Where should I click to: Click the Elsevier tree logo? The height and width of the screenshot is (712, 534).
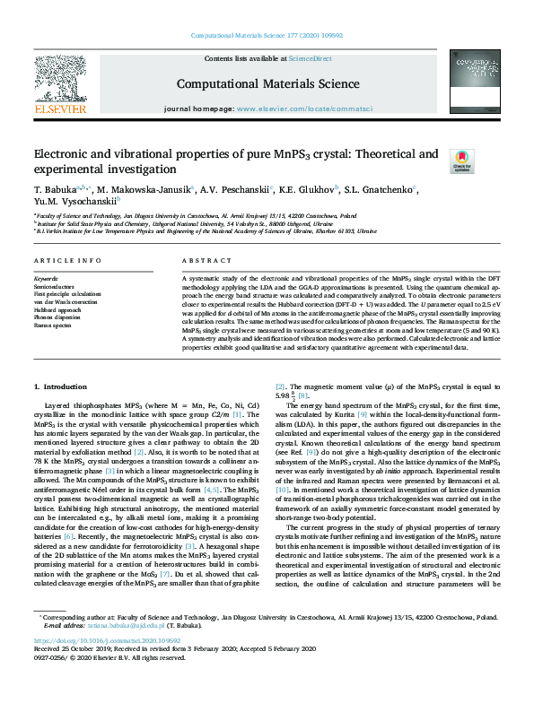coord(60,82)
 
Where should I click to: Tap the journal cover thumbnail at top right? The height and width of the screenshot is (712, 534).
coord(472,82)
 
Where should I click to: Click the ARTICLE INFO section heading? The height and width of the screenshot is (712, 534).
coord(67,261)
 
